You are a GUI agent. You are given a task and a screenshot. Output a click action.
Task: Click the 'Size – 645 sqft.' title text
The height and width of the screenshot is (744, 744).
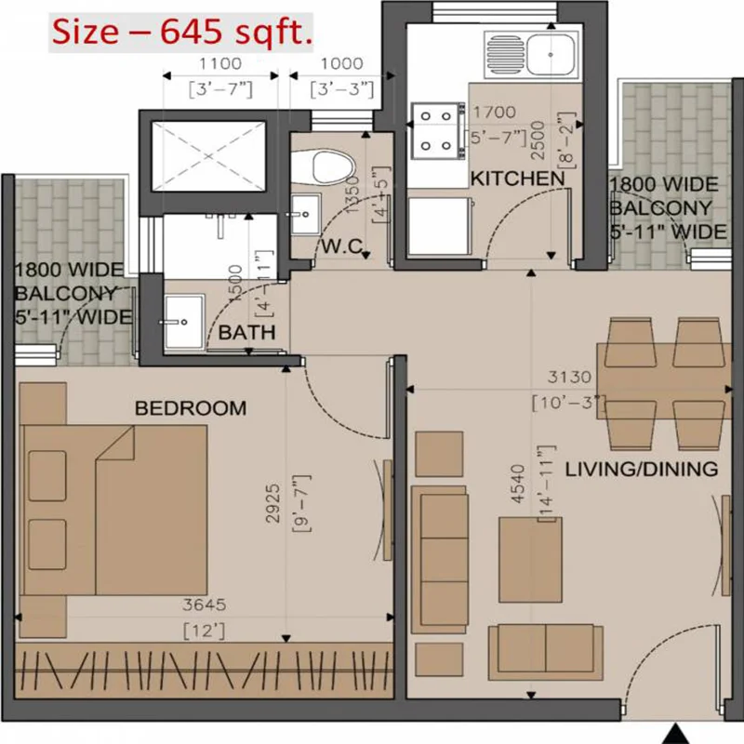(182, 34)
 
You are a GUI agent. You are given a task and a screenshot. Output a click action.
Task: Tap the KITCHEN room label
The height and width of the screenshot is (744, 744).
(517, 178)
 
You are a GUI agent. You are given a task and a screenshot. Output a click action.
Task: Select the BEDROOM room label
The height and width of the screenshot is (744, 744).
(191, 407)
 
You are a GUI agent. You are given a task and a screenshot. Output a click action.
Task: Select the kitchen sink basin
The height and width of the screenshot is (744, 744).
(554, 53)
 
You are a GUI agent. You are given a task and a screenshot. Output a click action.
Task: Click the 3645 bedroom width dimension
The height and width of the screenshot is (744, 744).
(205, 604)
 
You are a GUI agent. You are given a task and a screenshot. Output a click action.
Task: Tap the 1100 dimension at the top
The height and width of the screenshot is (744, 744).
(220, 64)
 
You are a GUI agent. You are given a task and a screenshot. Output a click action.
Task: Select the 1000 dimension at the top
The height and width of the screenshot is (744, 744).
(341, 64)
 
